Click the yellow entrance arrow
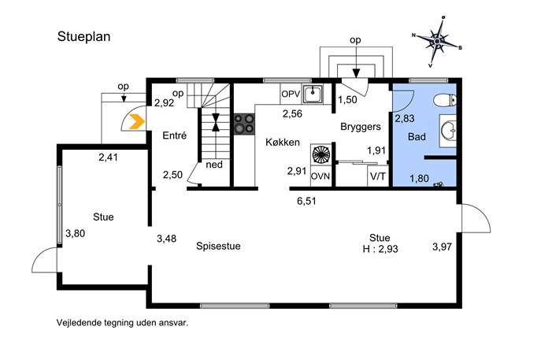pos(137,122)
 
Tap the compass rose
pos(437,42)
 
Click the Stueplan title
pos(83,36)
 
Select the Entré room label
pos(175,135)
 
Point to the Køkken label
pos(283,142)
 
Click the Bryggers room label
pos(361,127)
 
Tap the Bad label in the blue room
pos(417,137)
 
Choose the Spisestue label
pos(218,246)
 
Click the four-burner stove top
pos(244,124)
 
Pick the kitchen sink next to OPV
pos(313,94)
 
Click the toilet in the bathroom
pos(445,100)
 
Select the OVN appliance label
pos(321,176)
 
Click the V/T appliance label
pos(378,176)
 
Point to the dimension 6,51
pos(306,201)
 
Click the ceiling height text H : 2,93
pos(380,249)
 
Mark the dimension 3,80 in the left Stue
pos(76,234)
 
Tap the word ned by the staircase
pos(214,165)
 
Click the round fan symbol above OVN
pos(321,154)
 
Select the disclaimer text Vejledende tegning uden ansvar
pos(123,323)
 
